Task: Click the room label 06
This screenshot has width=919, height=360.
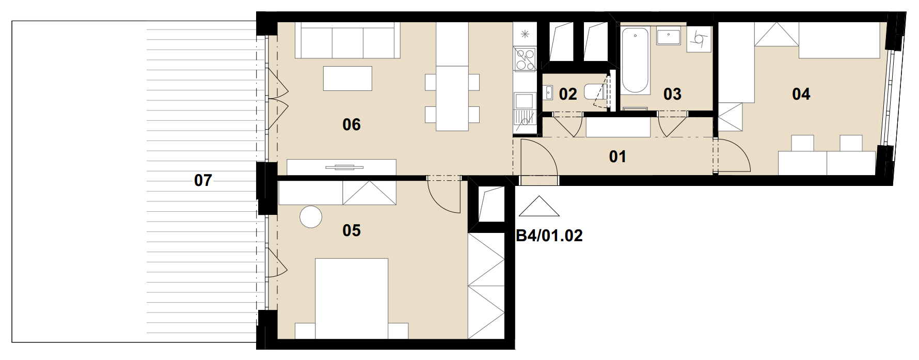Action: click(352, 124)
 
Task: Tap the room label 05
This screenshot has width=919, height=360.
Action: click(352, 230)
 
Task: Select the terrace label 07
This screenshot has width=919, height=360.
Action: click(203, 180)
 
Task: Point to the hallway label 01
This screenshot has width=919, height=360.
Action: click(617, 156)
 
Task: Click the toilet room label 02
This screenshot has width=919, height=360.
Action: click(567, 94)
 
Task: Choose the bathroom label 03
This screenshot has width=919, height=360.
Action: click(672, 94)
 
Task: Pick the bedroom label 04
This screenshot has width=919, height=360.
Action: click(801, 94)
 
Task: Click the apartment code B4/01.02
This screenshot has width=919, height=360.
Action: click(549, 236)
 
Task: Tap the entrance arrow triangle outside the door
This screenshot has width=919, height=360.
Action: click(539, 206)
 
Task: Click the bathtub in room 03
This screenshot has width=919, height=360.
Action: click(635, 61)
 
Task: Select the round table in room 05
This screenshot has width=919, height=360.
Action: click(311, 217)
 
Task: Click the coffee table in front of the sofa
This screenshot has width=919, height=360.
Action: click(347, 79)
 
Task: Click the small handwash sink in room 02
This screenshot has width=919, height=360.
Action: click(548, 93)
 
